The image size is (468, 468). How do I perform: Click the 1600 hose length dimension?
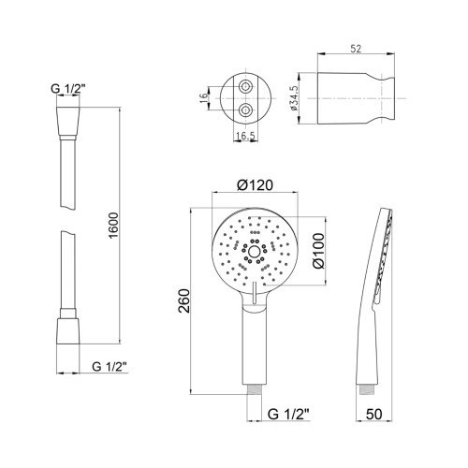(114, 226)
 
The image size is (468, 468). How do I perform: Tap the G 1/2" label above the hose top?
(68, 89)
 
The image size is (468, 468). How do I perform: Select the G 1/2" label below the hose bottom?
(110, 367)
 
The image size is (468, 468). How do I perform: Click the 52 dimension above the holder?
(356, 49)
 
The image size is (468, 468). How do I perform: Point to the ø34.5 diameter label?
(294, 98)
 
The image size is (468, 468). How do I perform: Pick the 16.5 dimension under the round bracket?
(245, 136)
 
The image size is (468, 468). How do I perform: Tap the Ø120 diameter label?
(255, 185)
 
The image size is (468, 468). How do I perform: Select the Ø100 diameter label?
(318, 251)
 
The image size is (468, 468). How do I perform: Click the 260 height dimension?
(183, 300)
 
